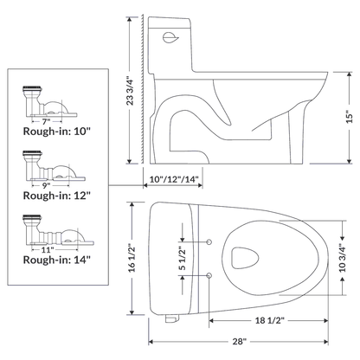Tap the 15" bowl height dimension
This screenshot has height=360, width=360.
[x=348, y=113]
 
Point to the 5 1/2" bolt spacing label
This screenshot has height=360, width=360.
[x=183, y=257]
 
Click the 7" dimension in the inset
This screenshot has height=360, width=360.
[x=45, y=120]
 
